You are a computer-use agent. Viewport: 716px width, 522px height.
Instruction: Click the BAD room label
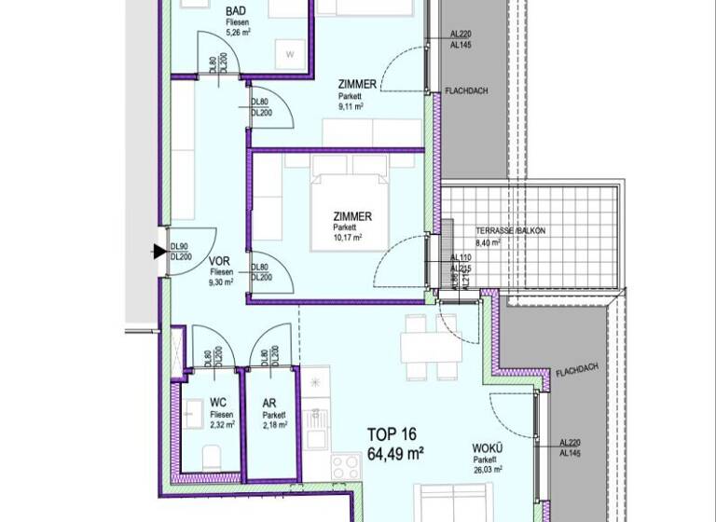pyautogui.click(x=237, y=13)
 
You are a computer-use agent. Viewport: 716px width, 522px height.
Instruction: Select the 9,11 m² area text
pyautogui.click(x=351, y=106)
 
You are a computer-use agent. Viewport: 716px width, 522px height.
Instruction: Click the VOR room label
pyautogui.click(x=219, y=262)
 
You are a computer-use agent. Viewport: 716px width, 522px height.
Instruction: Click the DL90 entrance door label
pyautogui.click(x=180, y=246)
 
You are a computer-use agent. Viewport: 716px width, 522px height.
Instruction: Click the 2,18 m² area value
pyautogui.click(x=274, y=425)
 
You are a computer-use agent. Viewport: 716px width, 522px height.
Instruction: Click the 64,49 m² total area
pyautogui.click(x=396, y=454)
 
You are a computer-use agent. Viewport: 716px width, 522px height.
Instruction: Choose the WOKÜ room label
pyautogui.click(x=487, y=448)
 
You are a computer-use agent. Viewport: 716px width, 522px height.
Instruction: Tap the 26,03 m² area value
pyautogui.click(x=488, y=470)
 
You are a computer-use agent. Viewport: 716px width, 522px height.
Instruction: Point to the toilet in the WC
pyautogui.click(x=212, y=456)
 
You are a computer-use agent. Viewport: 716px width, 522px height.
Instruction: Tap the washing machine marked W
pyautogui.click(x=290, y=54)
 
